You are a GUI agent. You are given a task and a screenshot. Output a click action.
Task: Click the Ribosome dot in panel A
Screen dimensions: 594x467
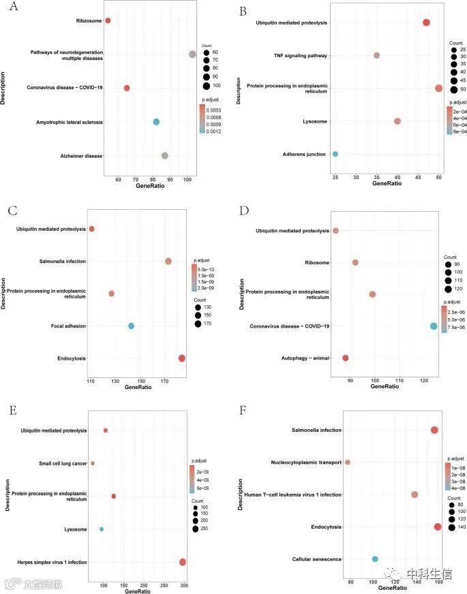pos(108,20)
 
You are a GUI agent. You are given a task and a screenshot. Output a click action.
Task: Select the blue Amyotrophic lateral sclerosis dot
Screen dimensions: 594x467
pos(156,122)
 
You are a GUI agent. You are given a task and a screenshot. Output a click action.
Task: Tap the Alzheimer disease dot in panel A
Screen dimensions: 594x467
pos(165,155)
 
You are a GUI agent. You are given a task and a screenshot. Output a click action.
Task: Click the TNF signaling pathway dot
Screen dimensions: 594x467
pos(376,55)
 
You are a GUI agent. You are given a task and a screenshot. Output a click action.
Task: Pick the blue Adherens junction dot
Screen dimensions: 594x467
pos(335,154)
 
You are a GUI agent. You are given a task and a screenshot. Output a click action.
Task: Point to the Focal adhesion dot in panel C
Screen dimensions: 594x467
pos(131,326)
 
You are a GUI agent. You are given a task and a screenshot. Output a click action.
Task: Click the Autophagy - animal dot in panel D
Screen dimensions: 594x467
pos(346,358)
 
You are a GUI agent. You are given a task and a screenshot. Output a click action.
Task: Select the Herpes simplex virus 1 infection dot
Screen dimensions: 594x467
pos(182,562)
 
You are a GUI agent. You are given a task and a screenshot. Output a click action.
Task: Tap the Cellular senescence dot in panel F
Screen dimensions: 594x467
pos(375,559)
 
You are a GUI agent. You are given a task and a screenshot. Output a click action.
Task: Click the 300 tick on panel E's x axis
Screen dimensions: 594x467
pos(202,585)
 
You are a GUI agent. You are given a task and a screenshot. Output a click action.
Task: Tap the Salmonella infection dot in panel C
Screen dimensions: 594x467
pos(168,261)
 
